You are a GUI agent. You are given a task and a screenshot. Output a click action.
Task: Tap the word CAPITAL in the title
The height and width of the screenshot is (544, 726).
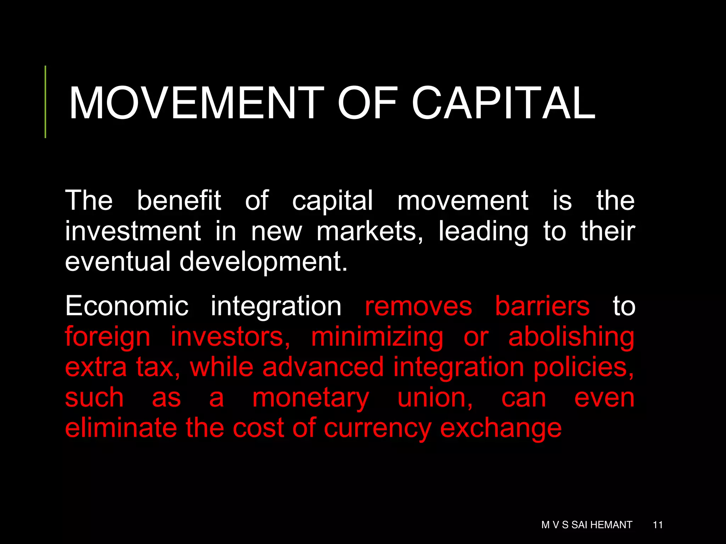[503, 103]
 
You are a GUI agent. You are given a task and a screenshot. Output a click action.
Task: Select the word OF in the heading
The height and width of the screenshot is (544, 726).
[367, 103]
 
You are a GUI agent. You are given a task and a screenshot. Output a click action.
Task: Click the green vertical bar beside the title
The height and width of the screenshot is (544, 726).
[45, 102]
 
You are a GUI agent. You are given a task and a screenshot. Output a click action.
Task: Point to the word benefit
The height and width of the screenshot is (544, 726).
[179, 200]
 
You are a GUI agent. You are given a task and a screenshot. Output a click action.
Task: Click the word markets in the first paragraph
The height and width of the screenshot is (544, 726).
[369, 231]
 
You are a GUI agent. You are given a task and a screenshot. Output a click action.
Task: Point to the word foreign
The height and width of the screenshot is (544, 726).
[108, 337]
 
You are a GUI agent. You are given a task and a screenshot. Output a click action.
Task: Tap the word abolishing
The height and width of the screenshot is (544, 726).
[571, 337]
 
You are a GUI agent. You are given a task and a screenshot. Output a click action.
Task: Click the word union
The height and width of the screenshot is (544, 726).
[435, 398]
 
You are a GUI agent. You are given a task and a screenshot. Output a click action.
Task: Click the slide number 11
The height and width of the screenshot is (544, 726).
[658, 525]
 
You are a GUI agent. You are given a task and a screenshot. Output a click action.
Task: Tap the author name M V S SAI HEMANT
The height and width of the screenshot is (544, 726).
[587, 525]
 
